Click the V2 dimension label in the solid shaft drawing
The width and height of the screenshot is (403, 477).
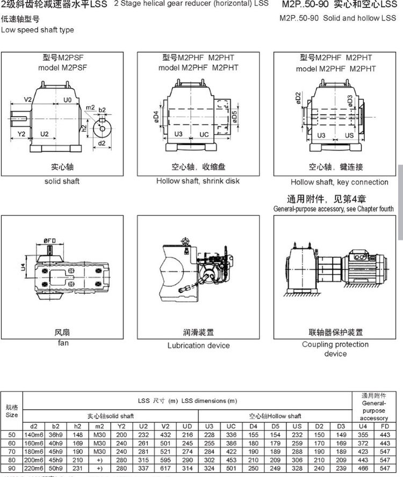(28, 100)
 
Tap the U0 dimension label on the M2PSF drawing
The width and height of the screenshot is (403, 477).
(68, 100)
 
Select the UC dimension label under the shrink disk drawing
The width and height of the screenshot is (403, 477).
(204, 134)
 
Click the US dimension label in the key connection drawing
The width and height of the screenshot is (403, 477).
(349, 135)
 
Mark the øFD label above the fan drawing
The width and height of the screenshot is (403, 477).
(51, 240)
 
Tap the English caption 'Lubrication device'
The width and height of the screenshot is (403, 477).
(198, 345)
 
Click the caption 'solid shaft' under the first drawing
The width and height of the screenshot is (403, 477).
(62, 181)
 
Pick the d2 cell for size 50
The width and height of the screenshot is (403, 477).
(34, 434)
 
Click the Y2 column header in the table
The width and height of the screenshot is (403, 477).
(122, 426)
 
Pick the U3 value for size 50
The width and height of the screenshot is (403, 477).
(210, 434)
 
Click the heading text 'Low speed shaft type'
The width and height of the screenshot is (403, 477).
(38, 30)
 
